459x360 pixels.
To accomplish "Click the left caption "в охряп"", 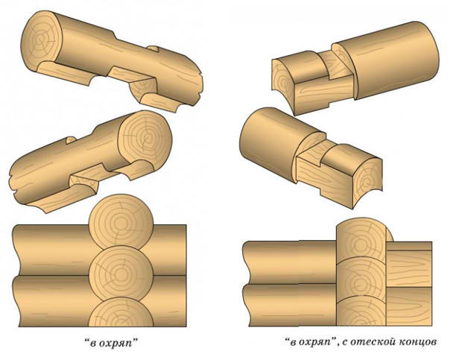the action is [x=110, y=344].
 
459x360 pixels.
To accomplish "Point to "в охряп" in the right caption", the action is [x=311, y=343].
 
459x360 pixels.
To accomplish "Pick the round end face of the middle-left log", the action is [x=145, y=138].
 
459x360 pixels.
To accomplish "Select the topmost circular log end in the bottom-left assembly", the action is [x=121, y=222].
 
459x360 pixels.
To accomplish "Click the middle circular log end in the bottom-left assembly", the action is [x=121, y=274].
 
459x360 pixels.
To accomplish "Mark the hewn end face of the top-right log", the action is [x=282, y=77].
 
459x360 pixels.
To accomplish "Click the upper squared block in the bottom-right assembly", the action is [x=409, y=265].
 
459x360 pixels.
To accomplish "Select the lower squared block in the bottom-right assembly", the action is [x=409, y=306].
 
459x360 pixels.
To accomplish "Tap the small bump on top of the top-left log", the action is [x=153, y=48].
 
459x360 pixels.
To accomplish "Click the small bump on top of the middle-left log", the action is [x=71, y=140].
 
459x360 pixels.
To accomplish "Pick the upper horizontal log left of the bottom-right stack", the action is [x=290, y=263].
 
